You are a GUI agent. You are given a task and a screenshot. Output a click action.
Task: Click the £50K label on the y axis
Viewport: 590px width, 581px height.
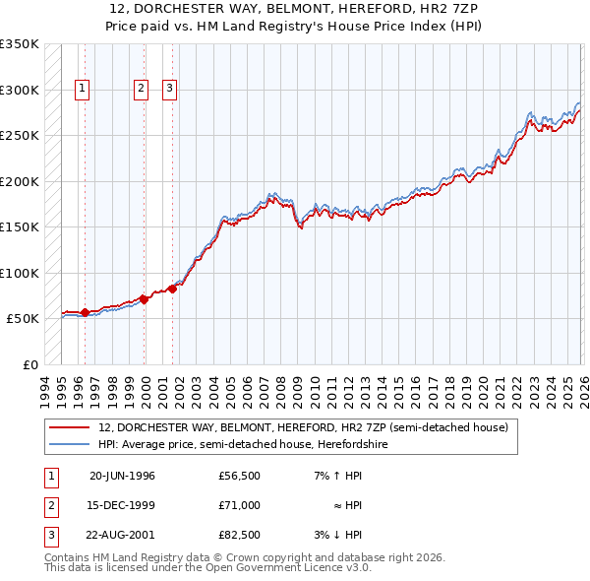tap(22, 319)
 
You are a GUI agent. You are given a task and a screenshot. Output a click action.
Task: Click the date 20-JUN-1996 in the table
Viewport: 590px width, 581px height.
tap(122, 476)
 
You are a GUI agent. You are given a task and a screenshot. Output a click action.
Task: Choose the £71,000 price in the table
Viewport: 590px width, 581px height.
tap(239, 505)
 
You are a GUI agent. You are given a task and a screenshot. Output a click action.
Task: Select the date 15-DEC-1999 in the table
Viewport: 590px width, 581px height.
tap(122, 505)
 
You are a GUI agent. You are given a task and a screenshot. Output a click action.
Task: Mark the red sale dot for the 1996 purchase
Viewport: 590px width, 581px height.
tap(85, 313)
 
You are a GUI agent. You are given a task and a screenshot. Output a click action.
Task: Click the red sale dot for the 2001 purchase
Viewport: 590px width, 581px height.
tap(172, 289)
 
